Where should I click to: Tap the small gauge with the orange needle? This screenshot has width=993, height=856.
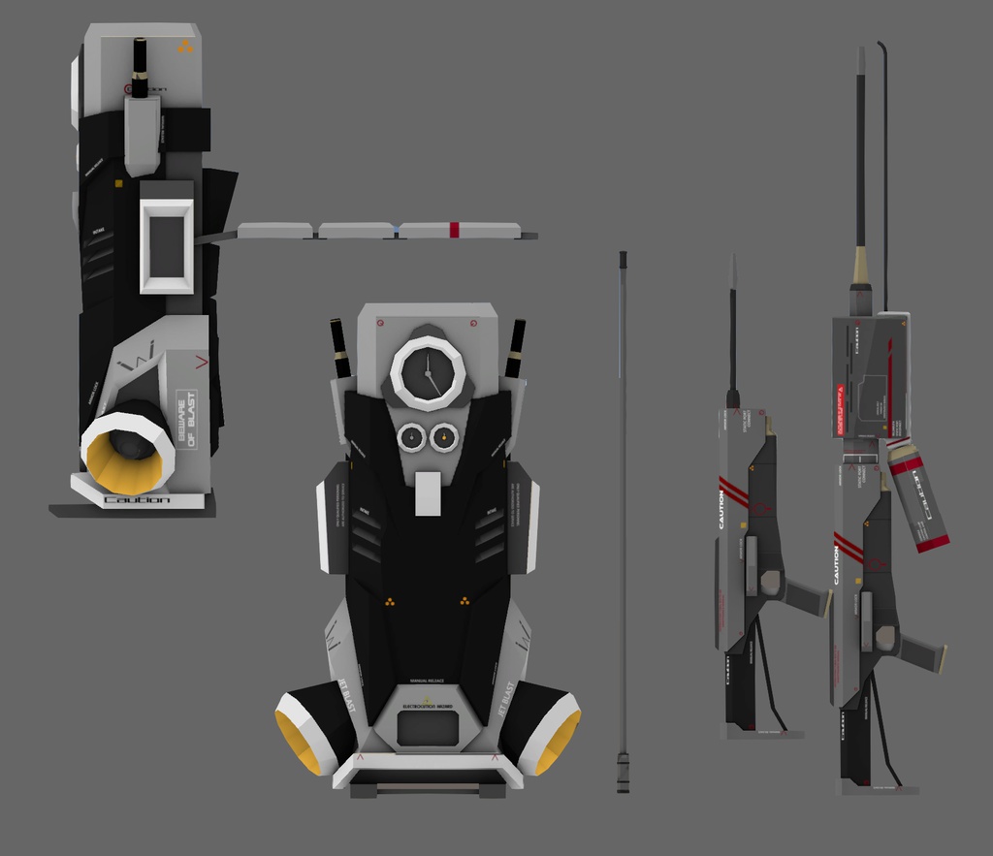pyautogui.click(x=443, y=438)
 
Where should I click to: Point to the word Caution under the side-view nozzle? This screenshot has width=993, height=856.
pyautogui.click(x=136, y=500)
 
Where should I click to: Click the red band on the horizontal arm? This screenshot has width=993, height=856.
pyautogui.click(x=454, y=230)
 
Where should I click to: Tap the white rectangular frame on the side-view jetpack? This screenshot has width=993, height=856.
pyautogui.click(x=167, y=245)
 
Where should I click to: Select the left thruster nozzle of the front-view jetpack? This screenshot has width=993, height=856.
pyautogui.click(x=310, y=727)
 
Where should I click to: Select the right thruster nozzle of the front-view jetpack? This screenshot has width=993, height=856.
pyautogui.click(x=545, y=727)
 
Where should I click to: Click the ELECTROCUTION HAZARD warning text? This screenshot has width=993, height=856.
pyautogui.click(x=428, y=706)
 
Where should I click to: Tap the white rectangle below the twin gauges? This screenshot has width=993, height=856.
pyautogui.click(x=428, y=493)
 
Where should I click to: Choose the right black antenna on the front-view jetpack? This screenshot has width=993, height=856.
pyautogui.click(x=514, y=349)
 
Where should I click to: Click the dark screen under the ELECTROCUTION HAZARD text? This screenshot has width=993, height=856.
pyautogui.click(x=428, y=728)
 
